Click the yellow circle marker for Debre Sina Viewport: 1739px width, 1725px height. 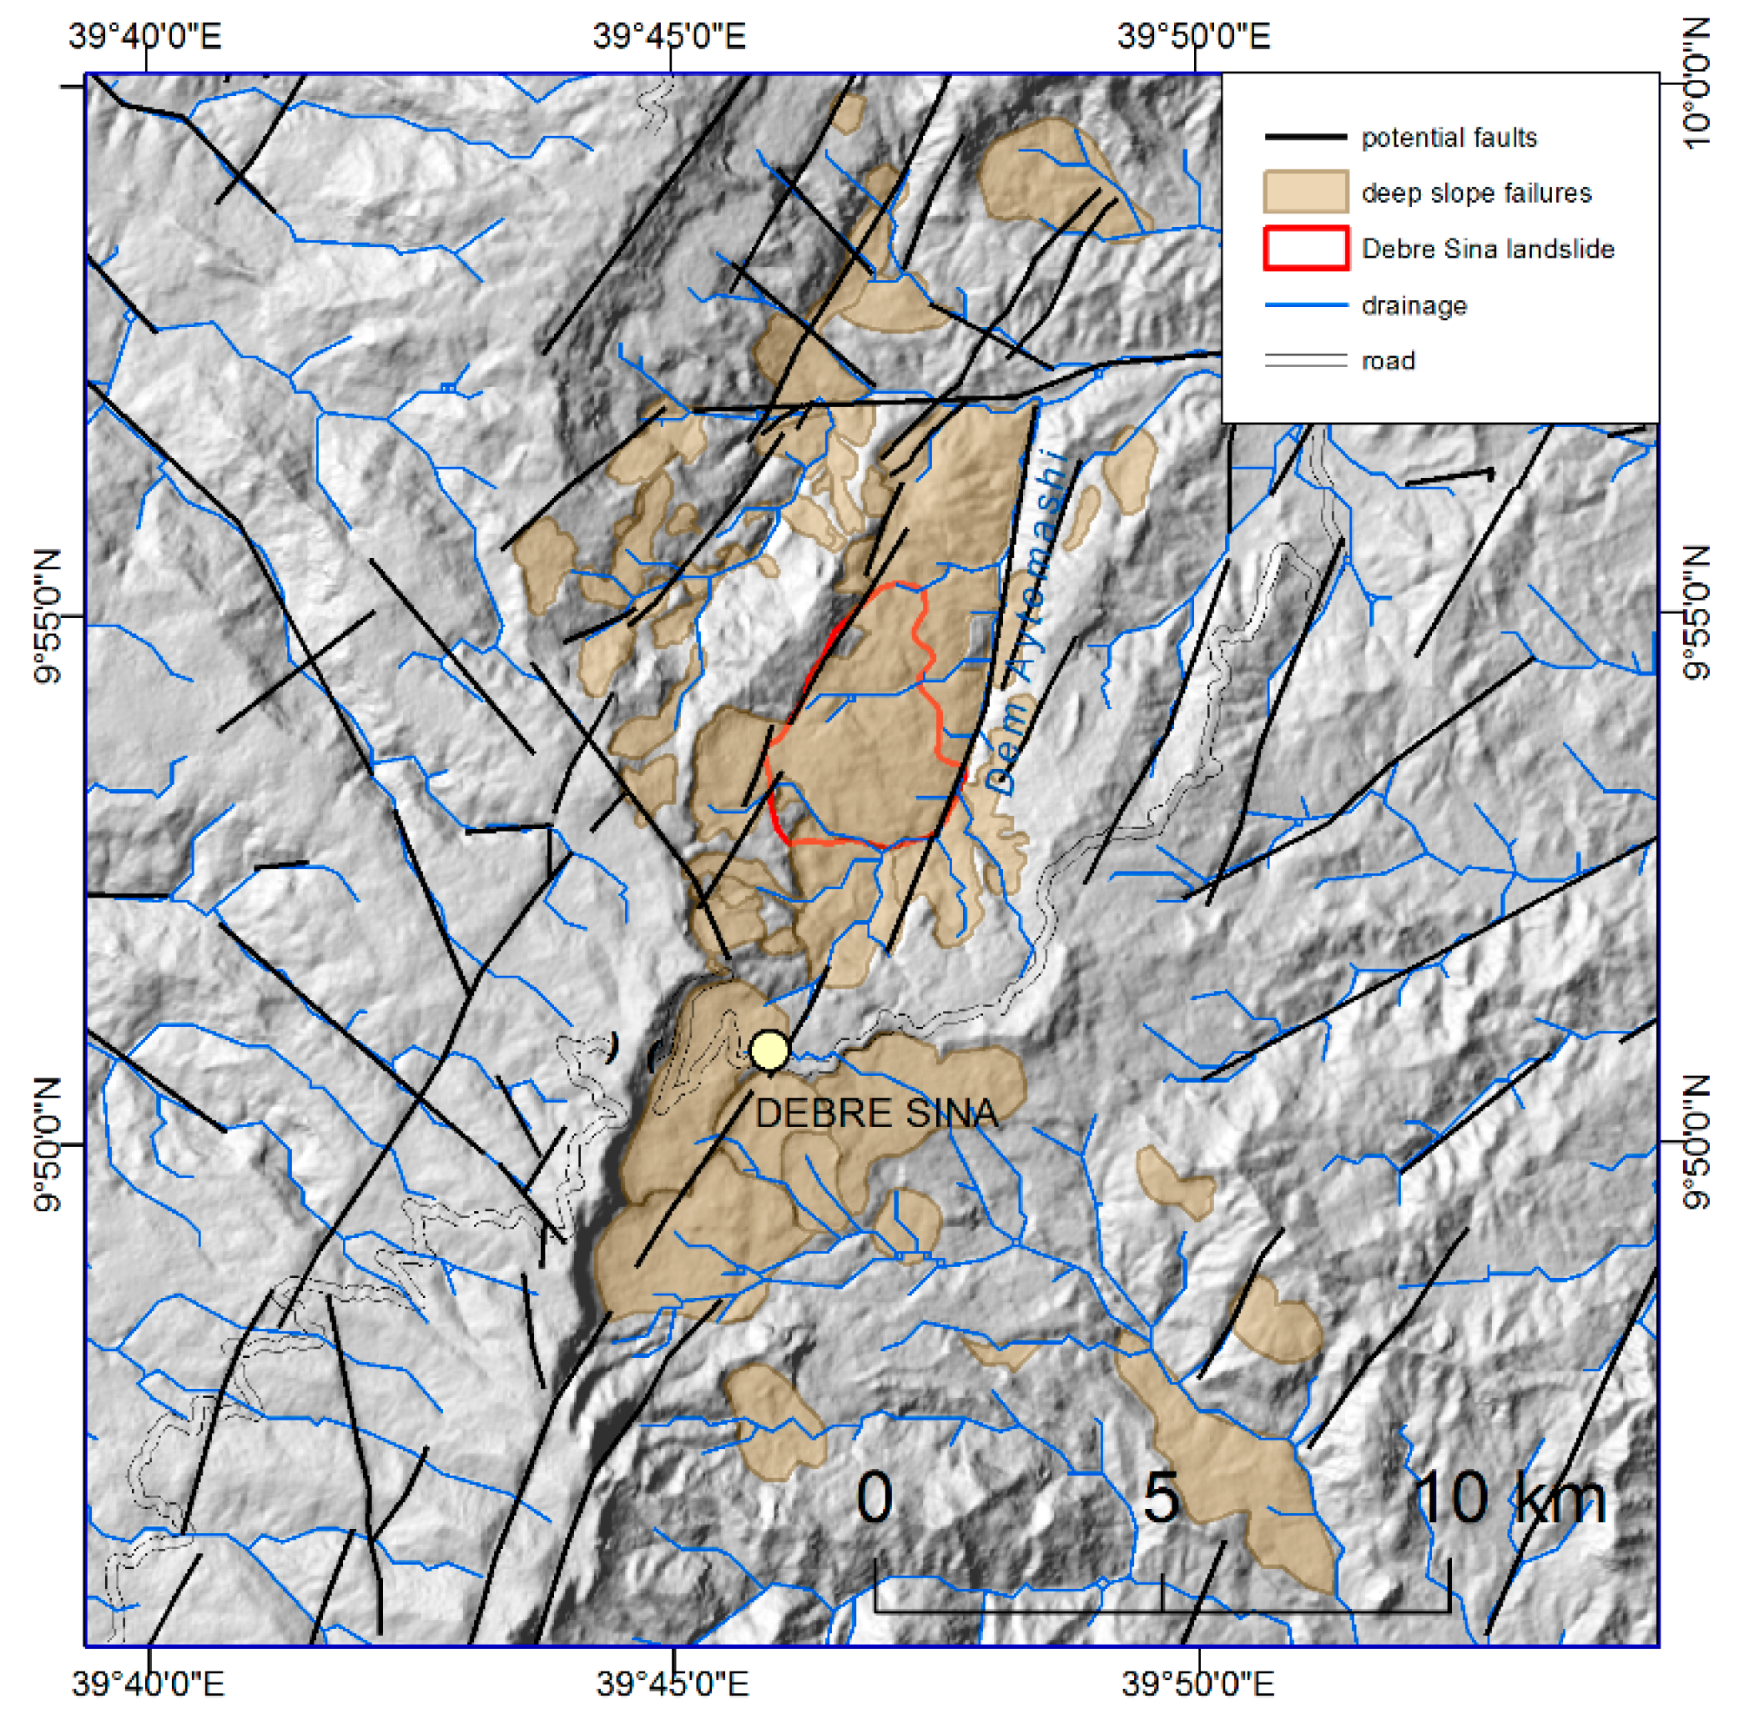(x=769, y=1050)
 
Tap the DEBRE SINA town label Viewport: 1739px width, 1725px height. (x=876, y=1114)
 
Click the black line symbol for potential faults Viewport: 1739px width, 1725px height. (x=1305, y=138)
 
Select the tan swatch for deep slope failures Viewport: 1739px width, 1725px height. (x=1305, y=193)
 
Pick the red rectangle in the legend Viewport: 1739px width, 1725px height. (x=1305, y=249)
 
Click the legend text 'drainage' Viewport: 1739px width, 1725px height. (x=1414, y=306)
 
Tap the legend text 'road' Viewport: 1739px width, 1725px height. (x=1388, y=361)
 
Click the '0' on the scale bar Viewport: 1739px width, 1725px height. (x=874, y=1498)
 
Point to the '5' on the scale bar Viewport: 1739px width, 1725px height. (x=1160, y=1498)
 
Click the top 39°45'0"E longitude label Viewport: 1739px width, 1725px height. (x=670, y=37)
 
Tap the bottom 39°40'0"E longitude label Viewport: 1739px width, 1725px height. (x=147, y=1683)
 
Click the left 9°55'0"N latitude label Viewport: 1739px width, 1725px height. (x=47, y=616)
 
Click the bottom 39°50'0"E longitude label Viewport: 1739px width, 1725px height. (x=1197, y=1683)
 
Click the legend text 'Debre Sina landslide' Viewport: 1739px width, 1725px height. (x=1487, y=249)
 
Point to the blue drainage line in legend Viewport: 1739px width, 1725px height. (x=1305, y=306)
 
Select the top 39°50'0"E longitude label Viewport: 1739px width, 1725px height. (x=1193, y=37)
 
